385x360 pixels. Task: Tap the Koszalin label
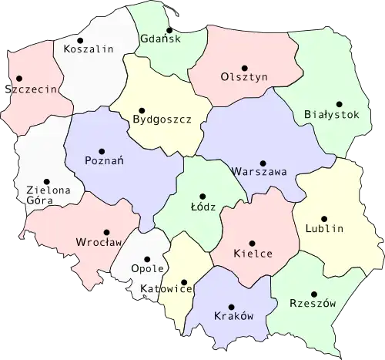[x=89, y=49]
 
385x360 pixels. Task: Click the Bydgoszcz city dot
[x=140, y=109]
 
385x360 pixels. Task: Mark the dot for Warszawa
[x=263, y=163]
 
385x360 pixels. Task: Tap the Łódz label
[x=203, y=207]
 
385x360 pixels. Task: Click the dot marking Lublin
[x=324, y=219]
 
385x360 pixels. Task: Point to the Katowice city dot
[x=183, y=282]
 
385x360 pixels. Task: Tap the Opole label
[x=149, y=268]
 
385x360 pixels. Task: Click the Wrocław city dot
[x=107, y=230]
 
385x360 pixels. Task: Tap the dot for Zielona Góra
[x=46, y=180]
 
